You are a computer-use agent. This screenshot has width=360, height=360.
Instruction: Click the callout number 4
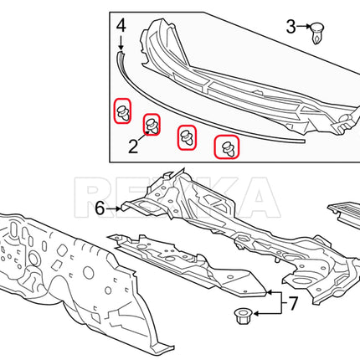pos(121,26)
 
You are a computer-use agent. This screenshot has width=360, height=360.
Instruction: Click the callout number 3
pos(291,27)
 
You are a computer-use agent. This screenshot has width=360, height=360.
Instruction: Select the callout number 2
pos(133,147)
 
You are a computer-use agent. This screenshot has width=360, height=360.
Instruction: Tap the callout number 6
pos(100,208)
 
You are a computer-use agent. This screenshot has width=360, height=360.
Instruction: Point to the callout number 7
pos(293,304)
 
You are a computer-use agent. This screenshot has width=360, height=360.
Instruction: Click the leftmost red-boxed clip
pos(122,111)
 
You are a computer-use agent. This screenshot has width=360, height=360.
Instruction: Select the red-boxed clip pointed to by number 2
pos(152,125)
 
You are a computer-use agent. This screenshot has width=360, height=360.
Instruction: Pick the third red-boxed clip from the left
pos(187,137)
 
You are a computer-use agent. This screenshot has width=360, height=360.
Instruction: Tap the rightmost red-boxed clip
pos(227,147)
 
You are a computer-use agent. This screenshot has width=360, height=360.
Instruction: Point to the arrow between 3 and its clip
pos(304,27)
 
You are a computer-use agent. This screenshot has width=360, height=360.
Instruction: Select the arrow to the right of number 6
pos(113,208)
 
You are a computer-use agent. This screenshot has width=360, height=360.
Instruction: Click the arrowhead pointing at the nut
pos(256,314)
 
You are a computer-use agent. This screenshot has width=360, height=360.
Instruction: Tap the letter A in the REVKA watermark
pos(258,197)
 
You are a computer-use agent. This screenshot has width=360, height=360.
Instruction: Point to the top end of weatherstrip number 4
pos(121,53)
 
